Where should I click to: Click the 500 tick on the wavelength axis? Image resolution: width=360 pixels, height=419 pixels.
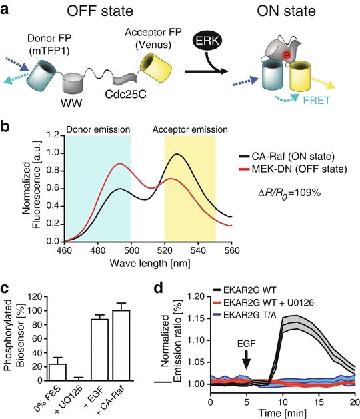click(x=131, y=251)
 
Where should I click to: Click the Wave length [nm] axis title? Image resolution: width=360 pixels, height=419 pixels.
click(x=153, y=264)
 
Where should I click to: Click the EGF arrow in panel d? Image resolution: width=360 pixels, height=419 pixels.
click(x=247, y=361)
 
